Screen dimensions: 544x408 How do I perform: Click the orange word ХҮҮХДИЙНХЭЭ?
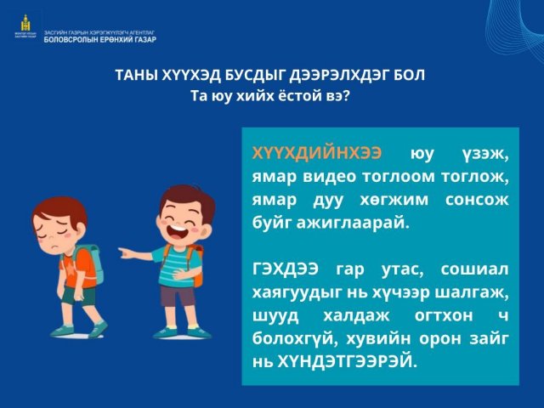point(317,153)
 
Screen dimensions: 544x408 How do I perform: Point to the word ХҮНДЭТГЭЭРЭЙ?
point(347,362)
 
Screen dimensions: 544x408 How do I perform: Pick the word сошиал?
point(474,269)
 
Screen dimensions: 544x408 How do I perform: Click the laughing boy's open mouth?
point(178,232)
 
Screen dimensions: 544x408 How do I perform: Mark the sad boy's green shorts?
point(79,296)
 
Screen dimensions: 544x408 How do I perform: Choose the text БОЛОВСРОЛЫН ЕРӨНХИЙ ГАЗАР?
point(100,40)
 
